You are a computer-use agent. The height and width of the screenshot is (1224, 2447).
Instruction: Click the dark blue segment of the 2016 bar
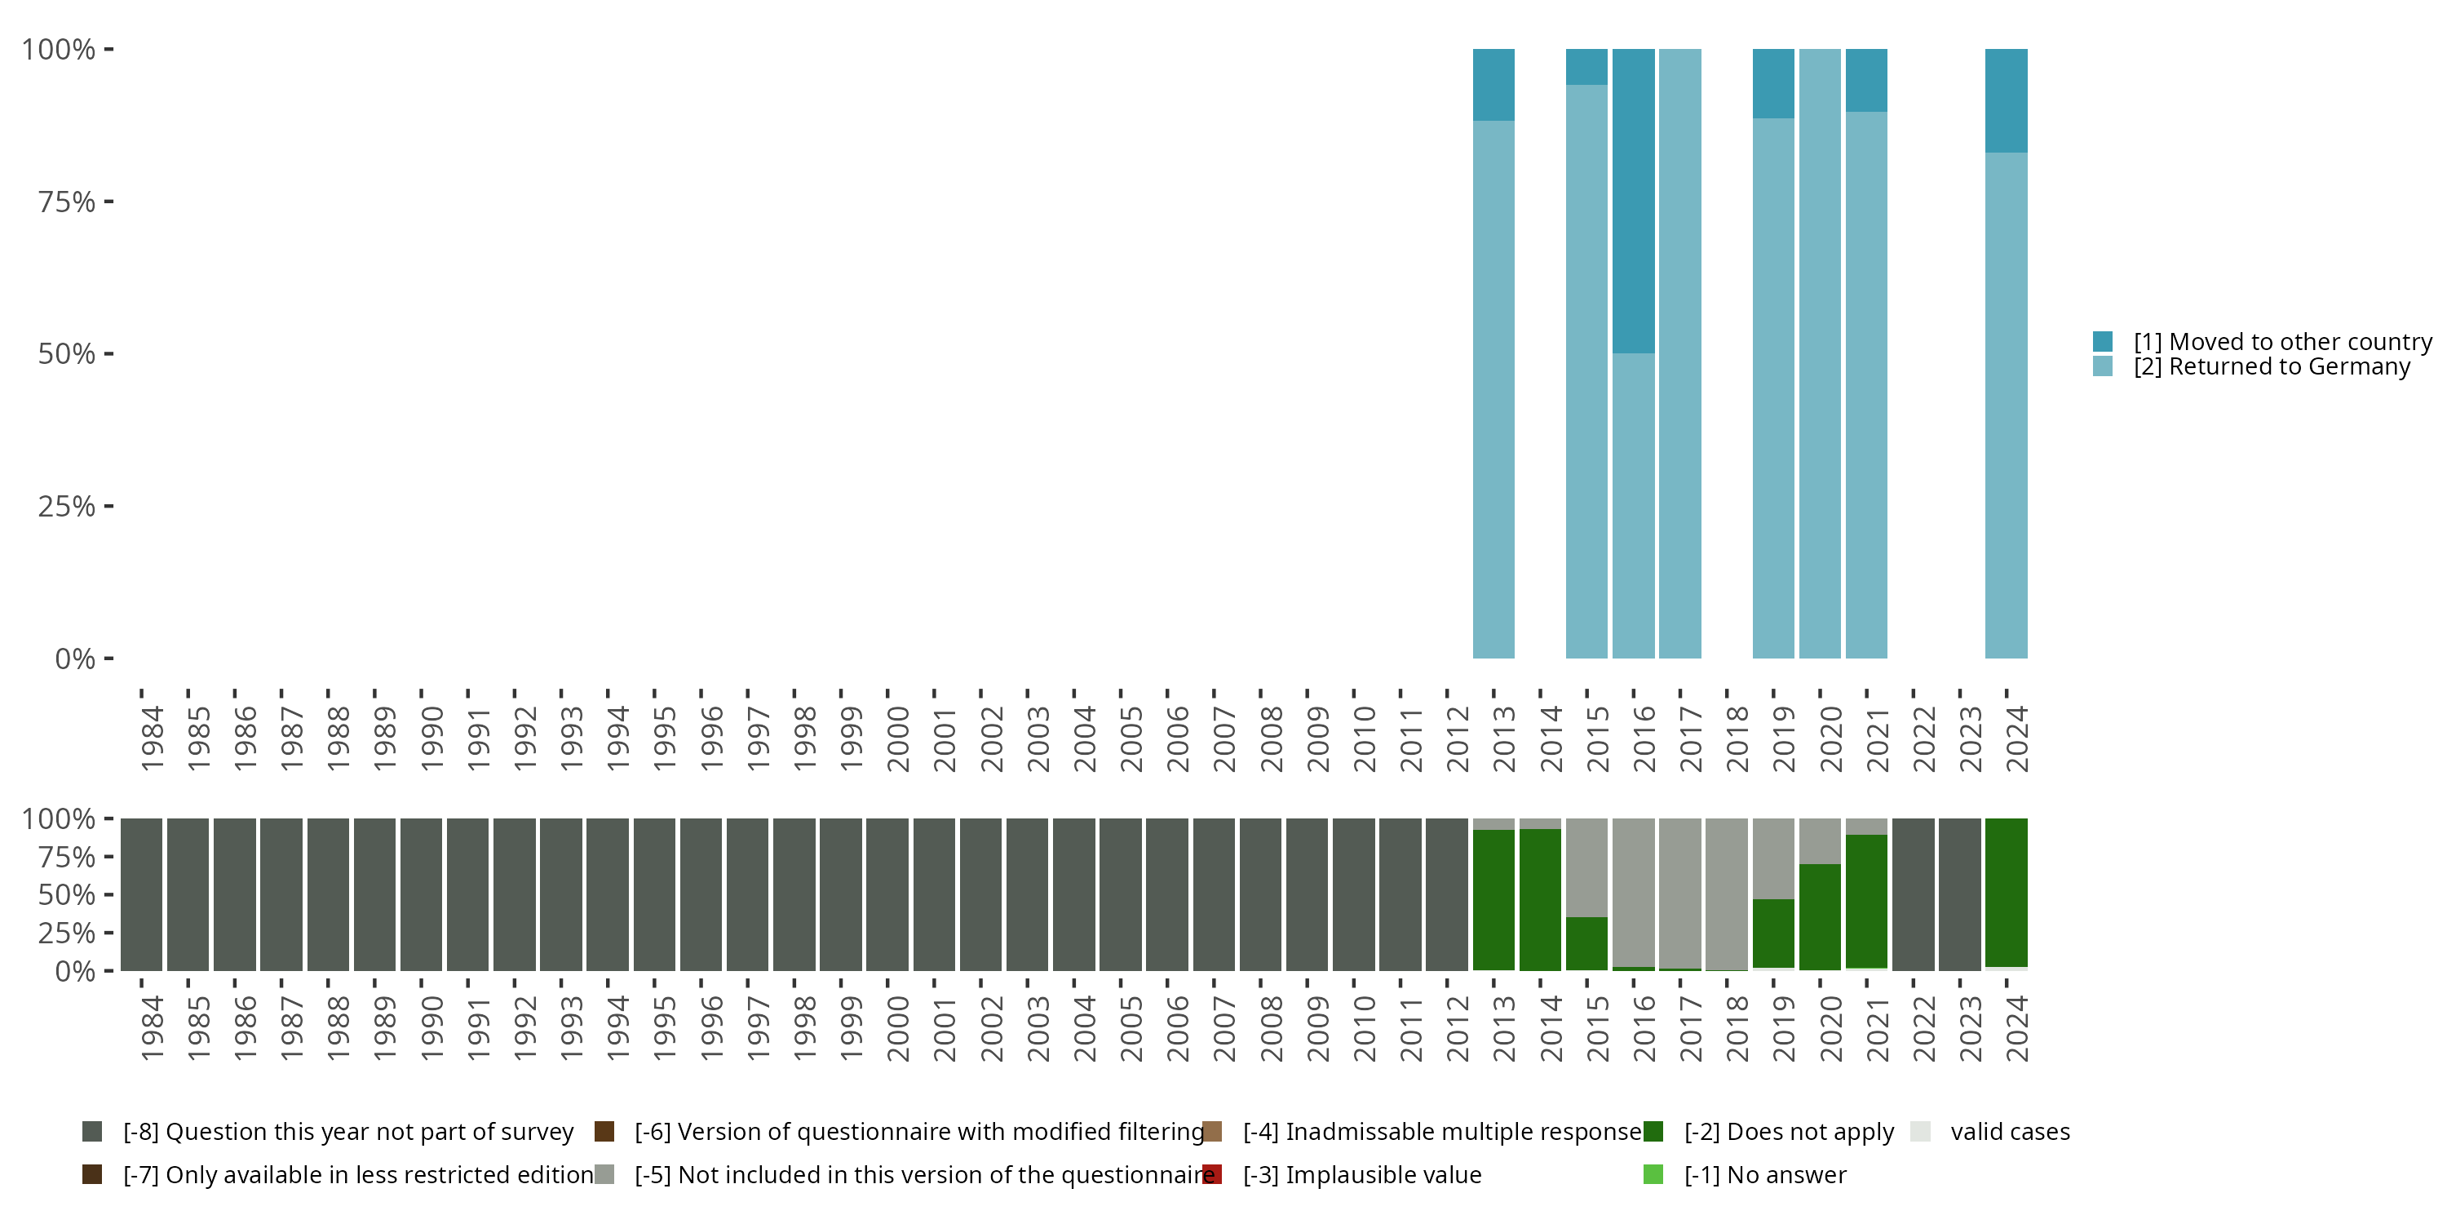pyautogui.click(x=1633, y=201)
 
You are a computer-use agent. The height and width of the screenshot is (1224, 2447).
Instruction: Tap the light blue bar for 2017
pyautogui.click(x=1679, y=353)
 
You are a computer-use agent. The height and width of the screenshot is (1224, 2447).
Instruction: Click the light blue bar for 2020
pyautogui.click(x=1819, y=353)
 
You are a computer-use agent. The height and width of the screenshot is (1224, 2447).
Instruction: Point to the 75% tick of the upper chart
pyautogui.click(x=108, y=202)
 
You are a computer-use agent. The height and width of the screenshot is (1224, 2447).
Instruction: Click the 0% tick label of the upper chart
pyautogui.click(x=75, y=659)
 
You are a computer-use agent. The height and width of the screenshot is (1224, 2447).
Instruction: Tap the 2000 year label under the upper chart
pyautogui.click(x=898, y=738)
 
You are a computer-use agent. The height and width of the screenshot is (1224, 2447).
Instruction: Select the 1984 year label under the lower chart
pyautogui.click(x=152, y=1028)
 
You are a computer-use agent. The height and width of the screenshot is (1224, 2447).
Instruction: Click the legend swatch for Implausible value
pyautogui.click(x=1212, y=1174)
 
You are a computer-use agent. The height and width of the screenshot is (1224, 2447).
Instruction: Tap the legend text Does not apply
pyautogui.click(x=1789, y=1132)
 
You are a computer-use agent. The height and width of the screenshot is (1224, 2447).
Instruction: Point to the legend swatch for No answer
pyautogui.click(x=1653, y=1174)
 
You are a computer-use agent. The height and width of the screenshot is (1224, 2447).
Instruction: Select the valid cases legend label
pyautogui.click(x=2010, y=1132)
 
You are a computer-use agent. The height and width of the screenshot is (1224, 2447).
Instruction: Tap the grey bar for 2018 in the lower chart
pyautogui.click(x=1726, y=894)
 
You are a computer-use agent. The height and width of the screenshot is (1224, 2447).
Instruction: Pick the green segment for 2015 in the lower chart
pyautogui.click(x=1586, y=942)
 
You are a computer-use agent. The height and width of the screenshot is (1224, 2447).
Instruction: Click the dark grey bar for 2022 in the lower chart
pyautogui.click(x=1912, y=894)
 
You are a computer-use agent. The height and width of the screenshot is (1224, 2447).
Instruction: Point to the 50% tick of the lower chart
pyautogui.click(x=108, y=894)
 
